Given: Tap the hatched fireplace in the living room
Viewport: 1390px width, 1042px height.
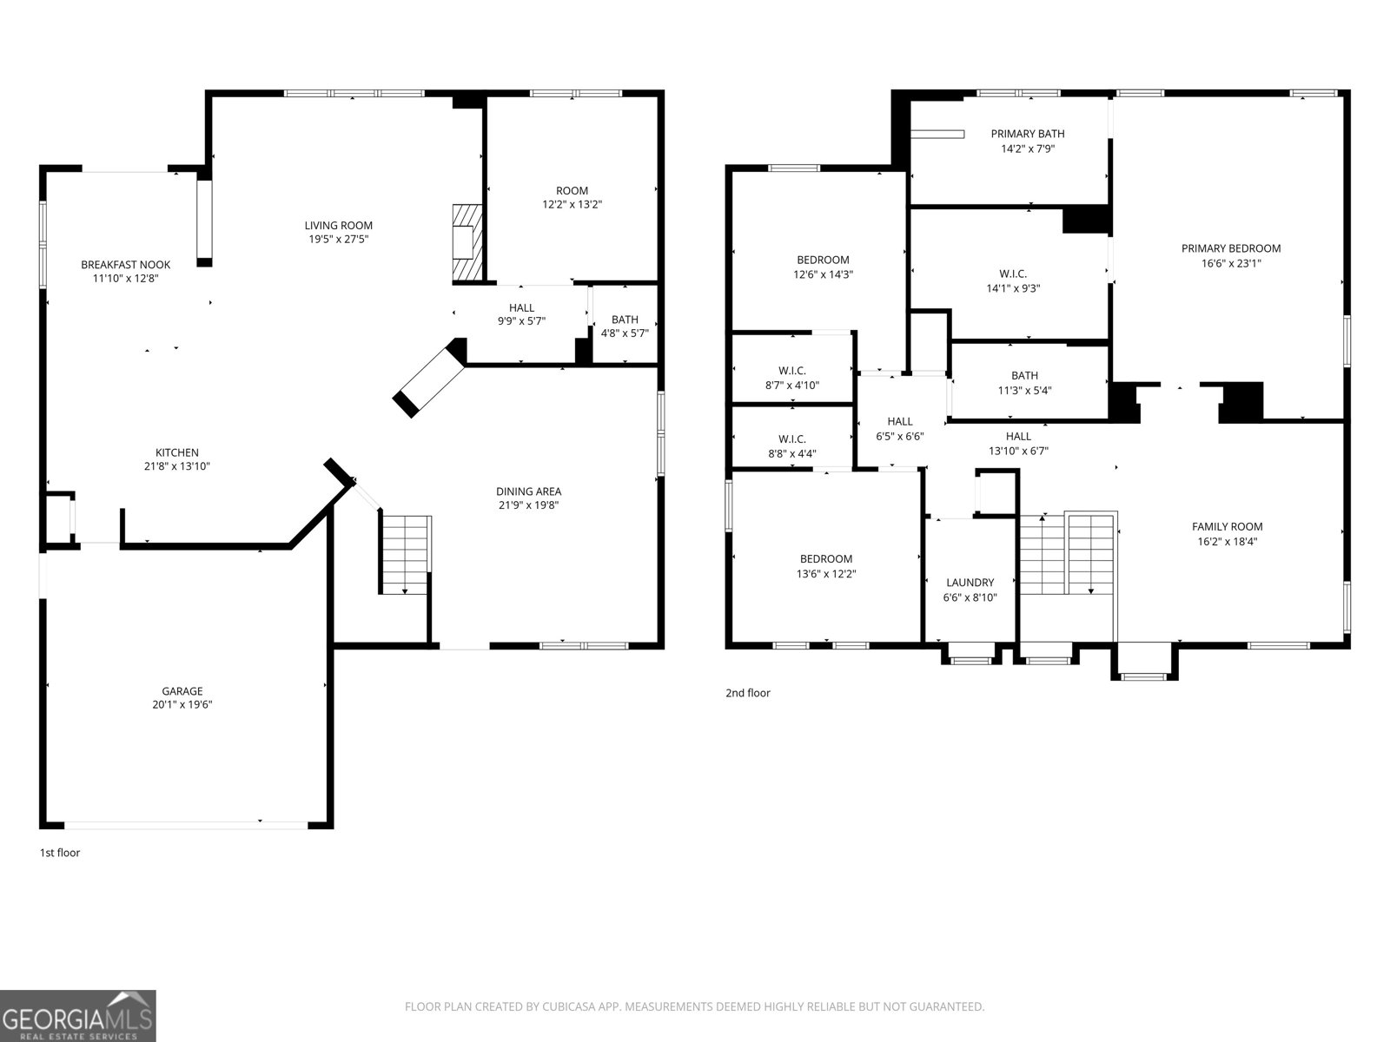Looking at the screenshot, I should coord(466,244).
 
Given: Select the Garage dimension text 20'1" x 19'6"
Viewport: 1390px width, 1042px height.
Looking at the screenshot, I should coord(182,705).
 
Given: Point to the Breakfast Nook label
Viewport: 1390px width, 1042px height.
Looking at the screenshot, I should coord(126,265).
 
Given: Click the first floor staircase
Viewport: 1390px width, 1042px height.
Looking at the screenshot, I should coord(405,554).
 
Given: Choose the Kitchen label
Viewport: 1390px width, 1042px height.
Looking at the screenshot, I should coord(177,452).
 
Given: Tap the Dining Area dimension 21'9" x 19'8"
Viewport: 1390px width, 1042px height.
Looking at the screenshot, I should coord(528,505).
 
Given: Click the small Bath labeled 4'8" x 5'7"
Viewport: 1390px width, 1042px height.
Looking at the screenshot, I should coord(625,326).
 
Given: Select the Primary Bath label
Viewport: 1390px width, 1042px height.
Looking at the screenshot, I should coord(1028,134).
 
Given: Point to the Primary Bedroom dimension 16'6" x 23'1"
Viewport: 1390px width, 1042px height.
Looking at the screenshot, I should coord(1230,262).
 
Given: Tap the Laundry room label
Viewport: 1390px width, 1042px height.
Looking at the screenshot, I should coord(970,583).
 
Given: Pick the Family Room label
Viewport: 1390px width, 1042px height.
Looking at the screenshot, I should coord(1227,526).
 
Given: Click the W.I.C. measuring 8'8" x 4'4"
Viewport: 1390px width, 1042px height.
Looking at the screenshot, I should coord(791,445).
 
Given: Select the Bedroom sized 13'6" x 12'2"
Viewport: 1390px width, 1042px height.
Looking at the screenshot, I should coord(826,566).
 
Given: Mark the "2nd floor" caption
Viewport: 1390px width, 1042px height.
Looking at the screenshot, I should coord(748,693).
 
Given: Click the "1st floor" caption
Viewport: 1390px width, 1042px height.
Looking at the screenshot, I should coord(60,853).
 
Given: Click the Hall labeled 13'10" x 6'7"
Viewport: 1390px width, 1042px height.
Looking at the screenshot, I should coord(1018,443).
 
